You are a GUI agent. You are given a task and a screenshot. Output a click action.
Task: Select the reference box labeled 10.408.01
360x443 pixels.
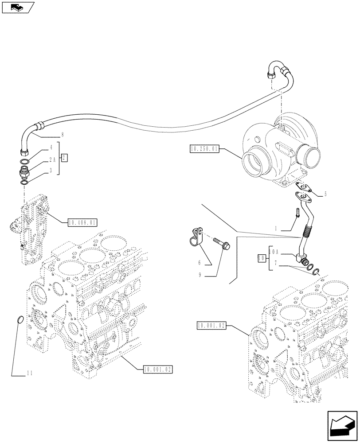82,222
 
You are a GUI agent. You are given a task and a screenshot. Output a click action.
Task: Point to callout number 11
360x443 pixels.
30,374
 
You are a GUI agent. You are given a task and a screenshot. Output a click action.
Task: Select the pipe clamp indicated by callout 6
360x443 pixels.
194,237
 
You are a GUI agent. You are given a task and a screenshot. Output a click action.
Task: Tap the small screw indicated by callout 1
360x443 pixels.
297,213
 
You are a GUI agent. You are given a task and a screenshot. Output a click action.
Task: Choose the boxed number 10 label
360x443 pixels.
262,257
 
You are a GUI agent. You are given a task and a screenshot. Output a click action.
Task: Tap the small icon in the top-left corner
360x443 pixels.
17,7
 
